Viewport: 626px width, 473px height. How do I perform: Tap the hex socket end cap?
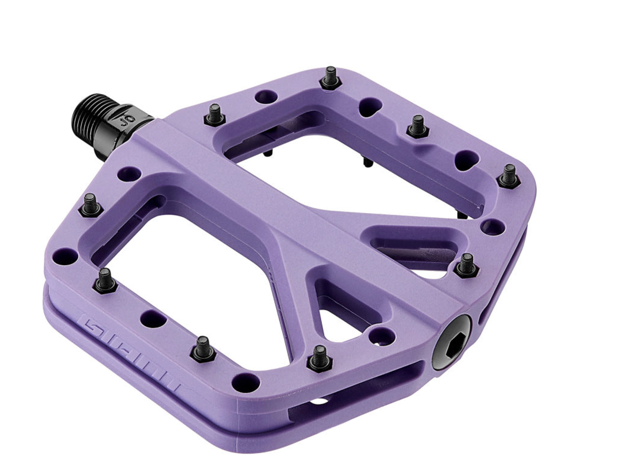(x=452, y=342)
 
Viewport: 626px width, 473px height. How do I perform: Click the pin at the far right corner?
(x=509, y=176)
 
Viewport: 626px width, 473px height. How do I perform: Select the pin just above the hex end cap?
(x=466, y=265)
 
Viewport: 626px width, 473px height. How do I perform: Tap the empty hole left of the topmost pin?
(x=265, y=96)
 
